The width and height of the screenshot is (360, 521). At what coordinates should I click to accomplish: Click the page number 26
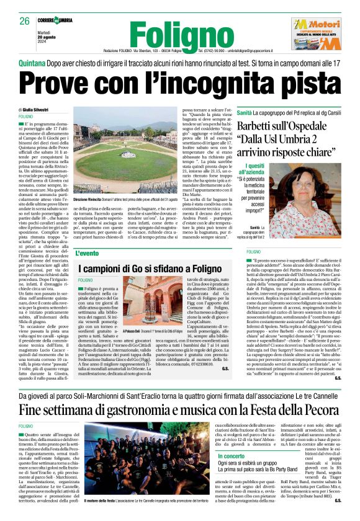click(24, 21)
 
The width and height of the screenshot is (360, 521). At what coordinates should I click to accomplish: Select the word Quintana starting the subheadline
click(34, 63)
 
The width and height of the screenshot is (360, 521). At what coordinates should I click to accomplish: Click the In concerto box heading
click(228, 456)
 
